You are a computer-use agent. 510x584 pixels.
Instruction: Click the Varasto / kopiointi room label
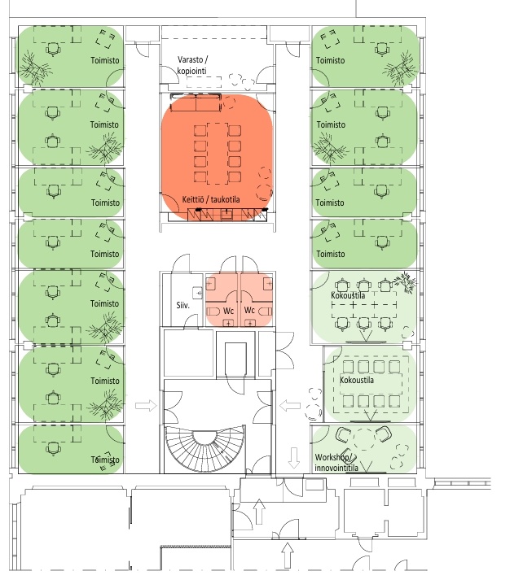pyautogui.click(x=192, y=65)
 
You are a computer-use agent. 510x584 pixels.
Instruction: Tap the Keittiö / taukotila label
pyautogui.click(x=211, y=199)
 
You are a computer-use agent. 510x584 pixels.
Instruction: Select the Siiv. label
pyautogui.click(x=182, y=305)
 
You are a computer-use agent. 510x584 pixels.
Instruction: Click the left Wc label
pyautogui.click(x=228, y=311)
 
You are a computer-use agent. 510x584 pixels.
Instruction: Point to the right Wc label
pyautogui.click(x=249, y=310)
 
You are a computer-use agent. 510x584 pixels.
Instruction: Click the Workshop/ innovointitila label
pyautogui.click(x=336, y=463)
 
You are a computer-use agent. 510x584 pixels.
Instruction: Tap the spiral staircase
pyautogui.click(x=204, y=449)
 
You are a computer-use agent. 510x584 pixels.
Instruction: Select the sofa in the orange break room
pyautogui.click(x=196, y=102)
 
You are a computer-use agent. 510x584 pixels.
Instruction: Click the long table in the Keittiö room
pyautogui.click(x=218, y=154)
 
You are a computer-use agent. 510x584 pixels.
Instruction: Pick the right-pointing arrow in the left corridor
pyautogui.click(x=146, y=406)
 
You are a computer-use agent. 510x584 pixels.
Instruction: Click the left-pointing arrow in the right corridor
pyautogui.click(x=290, y=406)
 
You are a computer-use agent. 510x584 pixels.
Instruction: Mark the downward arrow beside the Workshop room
pyautogui.click(x=294, y=458)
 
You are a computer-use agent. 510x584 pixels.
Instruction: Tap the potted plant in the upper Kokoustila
pyautogui.click(x=406, y=282)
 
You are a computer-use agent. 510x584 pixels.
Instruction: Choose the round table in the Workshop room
pyautogui.click(x=364, y=439)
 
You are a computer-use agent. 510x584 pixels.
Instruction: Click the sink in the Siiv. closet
pyautogui.click(x=197, y=293)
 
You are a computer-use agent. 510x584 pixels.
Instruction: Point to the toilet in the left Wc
pyautogui.click(x=213, y=312)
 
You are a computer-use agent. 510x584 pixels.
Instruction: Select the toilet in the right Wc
pyautogui.click(x=266, y=311)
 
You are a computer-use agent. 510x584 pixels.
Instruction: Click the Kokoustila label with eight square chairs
pyautogui.click(x=357, y=381)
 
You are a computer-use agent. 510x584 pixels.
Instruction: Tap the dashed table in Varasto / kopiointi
pyautogui.click(x=204, y=82)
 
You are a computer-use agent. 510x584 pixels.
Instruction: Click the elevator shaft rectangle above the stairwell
pyautogui.click(x=235, y=359)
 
